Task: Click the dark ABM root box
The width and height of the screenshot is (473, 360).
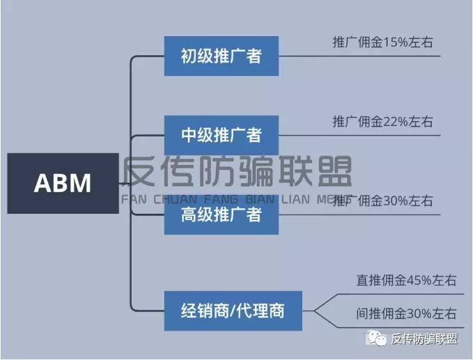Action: click(63, 183)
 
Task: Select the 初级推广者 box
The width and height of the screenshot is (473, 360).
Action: click(222, 56)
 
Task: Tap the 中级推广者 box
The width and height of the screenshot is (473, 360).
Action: click(222, 135)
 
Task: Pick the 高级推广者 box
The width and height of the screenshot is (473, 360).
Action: click(222, 214)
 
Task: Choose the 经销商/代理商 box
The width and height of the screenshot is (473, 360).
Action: click(233, 311)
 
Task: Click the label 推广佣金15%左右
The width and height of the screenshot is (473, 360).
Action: click(382, 42)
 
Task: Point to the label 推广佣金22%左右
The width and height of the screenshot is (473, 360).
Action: click(382, 121)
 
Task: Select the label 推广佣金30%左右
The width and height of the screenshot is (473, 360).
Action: click(382, 201)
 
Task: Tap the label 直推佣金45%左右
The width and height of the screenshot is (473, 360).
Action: click(406, 281)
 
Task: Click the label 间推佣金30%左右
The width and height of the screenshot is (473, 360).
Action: click(406, 313)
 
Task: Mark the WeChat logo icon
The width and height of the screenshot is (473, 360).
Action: click(377, 338)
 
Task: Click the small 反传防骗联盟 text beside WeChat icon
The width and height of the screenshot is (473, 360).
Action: click(424, 339)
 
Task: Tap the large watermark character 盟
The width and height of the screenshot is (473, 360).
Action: click(335, 171)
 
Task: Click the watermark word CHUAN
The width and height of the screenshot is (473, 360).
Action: click(176, 200)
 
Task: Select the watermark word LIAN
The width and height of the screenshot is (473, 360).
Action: click(295, 200)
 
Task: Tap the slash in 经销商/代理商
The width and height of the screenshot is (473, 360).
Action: click(233, 311)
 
